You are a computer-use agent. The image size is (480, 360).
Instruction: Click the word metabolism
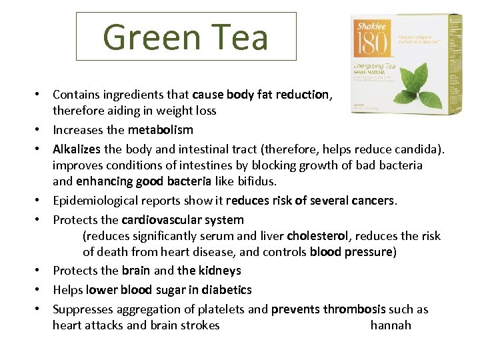[x=161, y=129]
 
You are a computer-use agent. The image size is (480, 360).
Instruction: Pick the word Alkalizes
[x=77, y=149]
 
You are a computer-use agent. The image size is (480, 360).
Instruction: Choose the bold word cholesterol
[x=313, y=235]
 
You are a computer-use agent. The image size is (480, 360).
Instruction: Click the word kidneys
[x=219, y=270]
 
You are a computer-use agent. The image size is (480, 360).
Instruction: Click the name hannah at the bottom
[x=391, y=325]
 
